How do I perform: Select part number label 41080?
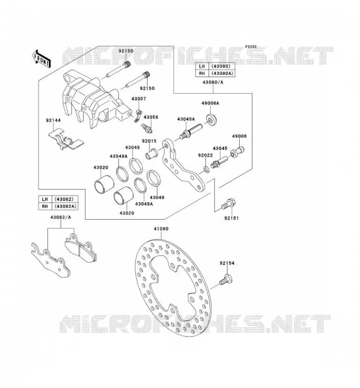pyautogui.click(x=161, y=229)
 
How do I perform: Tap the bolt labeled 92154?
pyautogui.click(x=225, y=280)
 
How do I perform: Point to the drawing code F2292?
pyautogui.click(x=251, y=47)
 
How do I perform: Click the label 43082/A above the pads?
pyautogui.click(x=61, y=217)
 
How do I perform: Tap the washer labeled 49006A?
pyautogui.click(x=212, y=120)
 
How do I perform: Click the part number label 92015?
pyautogui.click(x=149, y=141)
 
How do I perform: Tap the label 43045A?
pyautogui.click(x=186, y=119)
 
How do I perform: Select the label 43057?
pyautogui.click(x=139, y=99)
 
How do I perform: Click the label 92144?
pyautogui.click(x=53, y=120)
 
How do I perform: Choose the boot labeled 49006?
pyautogui.click(x=237, y=151)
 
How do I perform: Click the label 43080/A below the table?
pyautogui.click(x=213, y=82)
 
